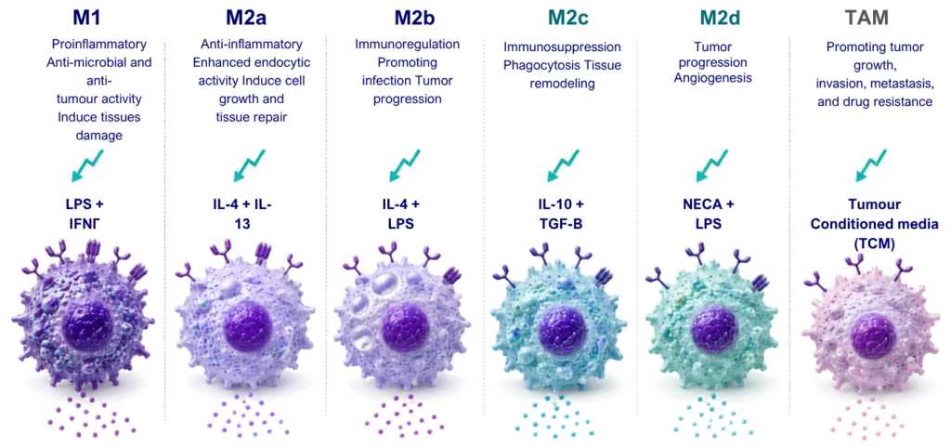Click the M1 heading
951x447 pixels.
[x=87, y=18]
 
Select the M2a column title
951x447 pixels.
[x=246, y=18]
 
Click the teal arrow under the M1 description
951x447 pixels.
[x=86, y=165]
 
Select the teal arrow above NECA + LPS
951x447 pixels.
[x=712, y=165]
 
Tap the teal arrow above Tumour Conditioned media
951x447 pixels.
[x=872, y=165]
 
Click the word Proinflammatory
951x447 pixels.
[x=98, y=45]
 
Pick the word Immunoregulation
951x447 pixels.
[x=407, y=45]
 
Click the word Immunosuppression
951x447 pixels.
[x=562, y=46]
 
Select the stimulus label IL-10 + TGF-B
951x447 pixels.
[x=561, y=213]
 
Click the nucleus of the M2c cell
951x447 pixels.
[x=561, y=329]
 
